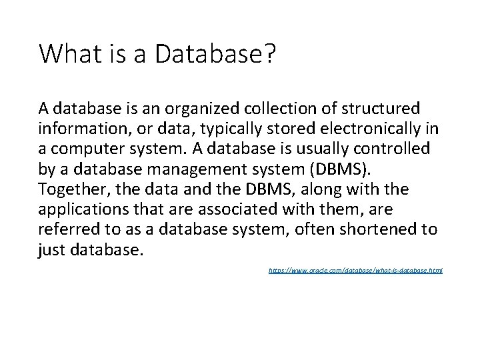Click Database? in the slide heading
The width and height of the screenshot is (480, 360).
coord(214,53)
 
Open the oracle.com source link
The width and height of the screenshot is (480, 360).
coord(355,271)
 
